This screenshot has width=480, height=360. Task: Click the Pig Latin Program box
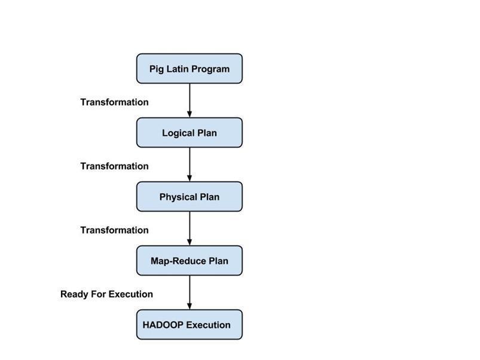[x=189, y=69]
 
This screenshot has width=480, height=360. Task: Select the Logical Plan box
[x=189, y=133]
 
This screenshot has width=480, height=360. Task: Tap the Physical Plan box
[x=189, y=197]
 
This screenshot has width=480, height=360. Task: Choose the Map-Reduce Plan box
[x=189, y=261]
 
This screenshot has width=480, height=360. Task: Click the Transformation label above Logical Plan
[x=114, y=102]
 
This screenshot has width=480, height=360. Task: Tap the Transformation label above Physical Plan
[x=114, y=166]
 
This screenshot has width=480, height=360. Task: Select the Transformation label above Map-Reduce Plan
[x=114, y=230]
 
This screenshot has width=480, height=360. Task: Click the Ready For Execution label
[x=106, y=294]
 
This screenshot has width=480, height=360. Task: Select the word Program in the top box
[x=210, y=69]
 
